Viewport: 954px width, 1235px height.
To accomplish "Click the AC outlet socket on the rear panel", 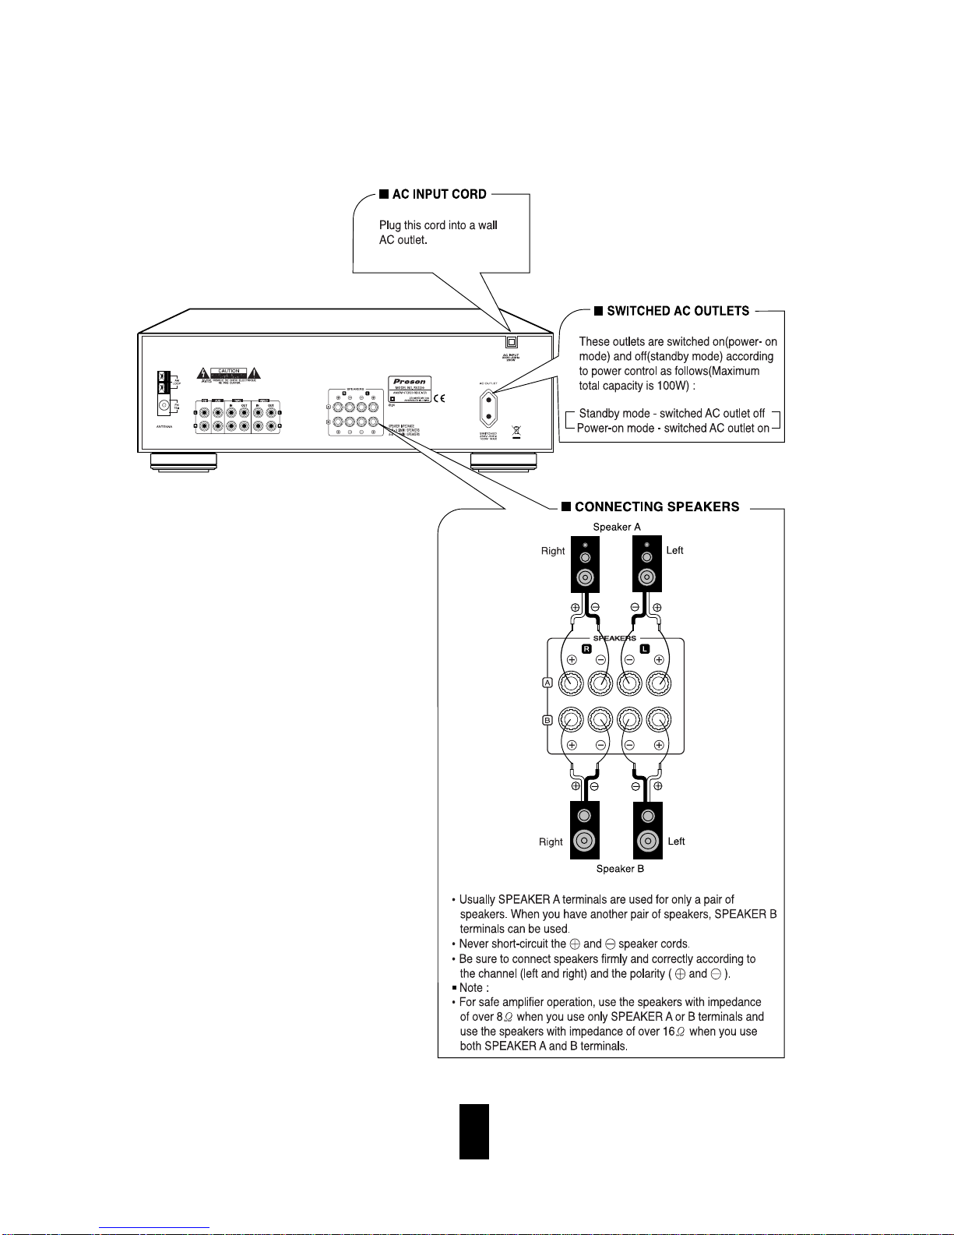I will [489, 407].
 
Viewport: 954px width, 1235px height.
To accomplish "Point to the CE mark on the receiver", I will [438, 398].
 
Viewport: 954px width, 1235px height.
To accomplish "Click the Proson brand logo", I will [410, 382].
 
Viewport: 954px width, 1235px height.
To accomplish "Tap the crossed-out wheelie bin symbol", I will [515, 431].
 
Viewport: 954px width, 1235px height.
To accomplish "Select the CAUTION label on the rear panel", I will [229, 372].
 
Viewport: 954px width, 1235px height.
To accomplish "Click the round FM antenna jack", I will [164, 405].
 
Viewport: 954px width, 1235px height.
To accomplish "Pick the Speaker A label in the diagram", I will [617, 527].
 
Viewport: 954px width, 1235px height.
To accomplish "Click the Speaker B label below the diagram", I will [620, 869].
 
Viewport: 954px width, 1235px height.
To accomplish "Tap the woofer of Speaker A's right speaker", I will [586, 578].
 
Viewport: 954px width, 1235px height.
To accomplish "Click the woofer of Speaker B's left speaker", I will [647, 842].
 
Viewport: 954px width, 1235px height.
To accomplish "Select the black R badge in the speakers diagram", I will [586, 648].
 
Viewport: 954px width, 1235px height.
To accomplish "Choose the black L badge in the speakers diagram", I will [644, 648].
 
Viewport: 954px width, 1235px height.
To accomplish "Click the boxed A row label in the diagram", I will [547, 683].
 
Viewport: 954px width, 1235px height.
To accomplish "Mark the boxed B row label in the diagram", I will [547, 720].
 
